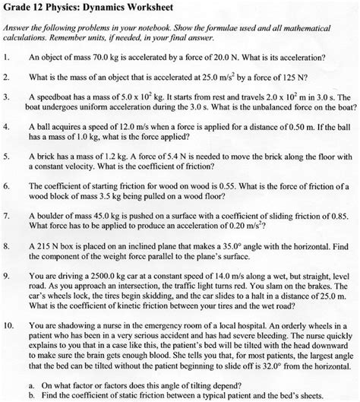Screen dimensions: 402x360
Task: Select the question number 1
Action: [x=7, y=57]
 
